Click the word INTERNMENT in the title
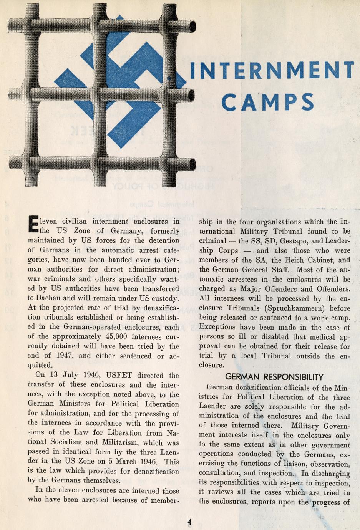pos(272,72)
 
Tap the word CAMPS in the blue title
pos(267,102)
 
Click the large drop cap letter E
pos(33,225)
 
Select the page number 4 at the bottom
pos(189,522)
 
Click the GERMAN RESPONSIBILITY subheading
pos(274,377)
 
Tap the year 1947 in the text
pos(64,356)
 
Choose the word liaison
pos(291,464)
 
